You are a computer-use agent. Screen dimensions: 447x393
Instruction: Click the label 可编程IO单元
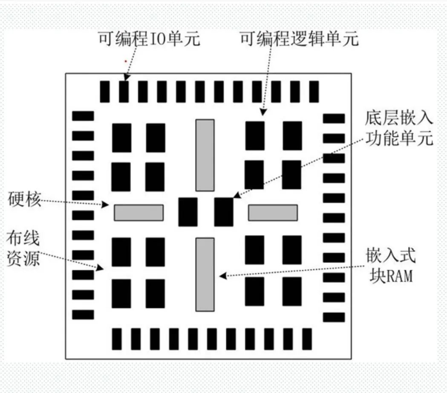[149, 39]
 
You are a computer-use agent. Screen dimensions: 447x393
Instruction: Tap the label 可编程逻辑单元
[299, 39]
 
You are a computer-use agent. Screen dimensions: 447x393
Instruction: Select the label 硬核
[24, 199]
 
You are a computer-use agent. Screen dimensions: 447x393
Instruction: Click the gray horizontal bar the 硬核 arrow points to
[138, 213]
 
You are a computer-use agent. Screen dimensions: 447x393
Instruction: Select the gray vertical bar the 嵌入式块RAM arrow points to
[205, 275]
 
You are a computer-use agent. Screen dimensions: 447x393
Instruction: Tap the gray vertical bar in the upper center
[205, 155]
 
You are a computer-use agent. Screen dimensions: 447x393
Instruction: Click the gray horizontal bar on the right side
[273, 213]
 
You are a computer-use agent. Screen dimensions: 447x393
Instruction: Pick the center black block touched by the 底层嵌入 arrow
[224, 212]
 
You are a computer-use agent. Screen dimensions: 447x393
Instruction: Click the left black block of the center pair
[188, 212]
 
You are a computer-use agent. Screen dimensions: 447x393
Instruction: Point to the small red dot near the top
[125, 61]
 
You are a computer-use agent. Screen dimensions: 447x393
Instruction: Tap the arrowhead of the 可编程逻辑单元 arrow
[263, 113]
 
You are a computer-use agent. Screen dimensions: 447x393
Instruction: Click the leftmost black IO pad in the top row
[104, 91]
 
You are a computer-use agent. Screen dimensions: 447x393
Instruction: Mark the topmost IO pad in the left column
[83, 116]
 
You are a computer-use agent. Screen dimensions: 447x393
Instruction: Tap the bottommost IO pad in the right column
[334, 317]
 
